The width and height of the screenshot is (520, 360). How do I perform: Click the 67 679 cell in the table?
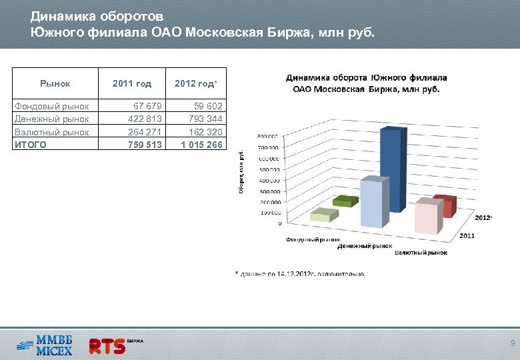(x=147, y=106)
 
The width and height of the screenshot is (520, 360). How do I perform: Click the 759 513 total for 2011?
(x=145, y=145)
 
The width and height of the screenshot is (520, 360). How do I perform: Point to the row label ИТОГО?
(x=31, y=145)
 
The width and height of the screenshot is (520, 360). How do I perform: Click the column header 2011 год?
(x=132, y=84)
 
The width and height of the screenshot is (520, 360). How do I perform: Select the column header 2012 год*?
(x=195, y=84)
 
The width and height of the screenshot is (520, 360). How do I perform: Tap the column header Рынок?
(x=55, y=84)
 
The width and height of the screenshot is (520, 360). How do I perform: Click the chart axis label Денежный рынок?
(x=363, y=246)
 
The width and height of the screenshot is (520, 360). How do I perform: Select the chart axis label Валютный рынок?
(x=421, y=253)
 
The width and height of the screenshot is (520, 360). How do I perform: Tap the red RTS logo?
(x=108, y=345)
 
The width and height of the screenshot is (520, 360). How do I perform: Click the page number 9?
(x=511, y=343)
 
